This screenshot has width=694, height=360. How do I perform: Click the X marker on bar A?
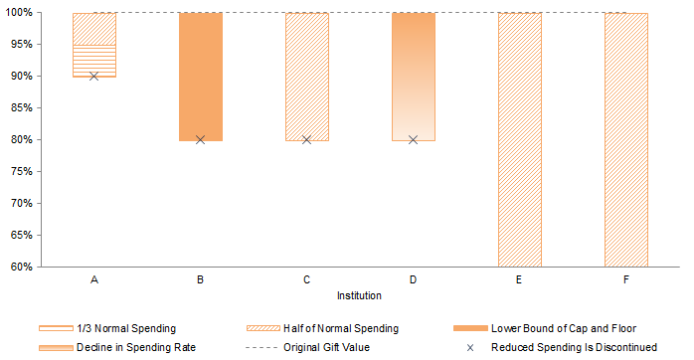tap(94, 77)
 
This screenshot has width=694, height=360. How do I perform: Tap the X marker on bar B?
tap(201, 140)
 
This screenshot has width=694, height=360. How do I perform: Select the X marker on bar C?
tap(307, 140)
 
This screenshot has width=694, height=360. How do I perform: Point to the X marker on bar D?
tap(414, 140)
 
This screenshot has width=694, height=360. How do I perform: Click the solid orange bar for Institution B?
tap(201, 77)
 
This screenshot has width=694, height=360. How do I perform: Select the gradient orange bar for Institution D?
tap(414, 77)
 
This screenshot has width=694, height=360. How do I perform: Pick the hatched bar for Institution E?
tap(520, 139)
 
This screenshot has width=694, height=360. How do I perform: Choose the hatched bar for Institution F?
tap(626, 139)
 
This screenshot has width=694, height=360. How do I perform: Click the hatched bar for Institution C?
tap(307, 77)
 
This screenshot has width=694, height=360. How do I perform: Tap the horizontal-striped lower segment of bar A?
tap(94, 62)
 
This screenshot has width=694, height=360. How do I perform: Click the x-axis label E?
tap(520, 281)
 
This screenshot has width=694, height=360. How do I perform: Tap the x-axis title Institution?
tap(360, 295)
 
